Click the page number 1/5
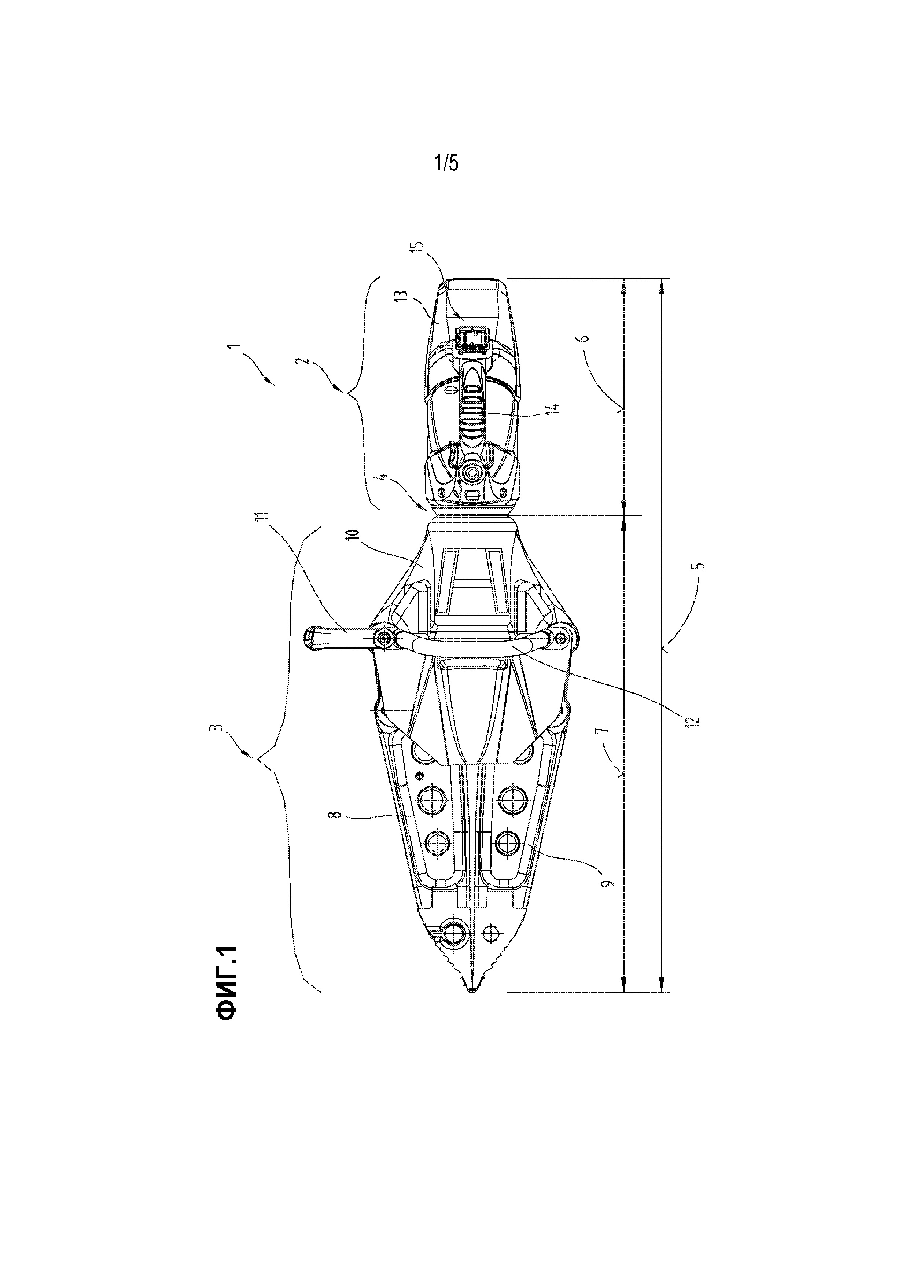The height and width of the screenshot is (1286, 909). coord(446,163)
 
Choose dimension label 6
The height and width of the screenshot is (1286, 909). coord(584,338)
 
